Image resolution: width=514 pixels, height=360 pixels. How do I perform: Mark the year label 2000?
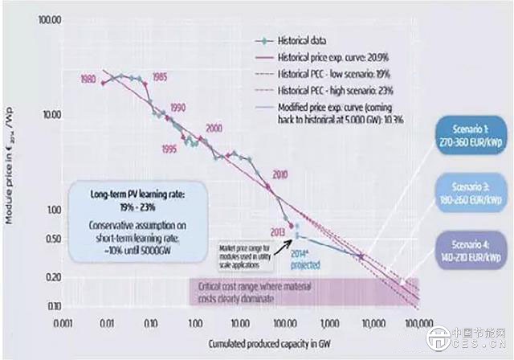tap(213, 129)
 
